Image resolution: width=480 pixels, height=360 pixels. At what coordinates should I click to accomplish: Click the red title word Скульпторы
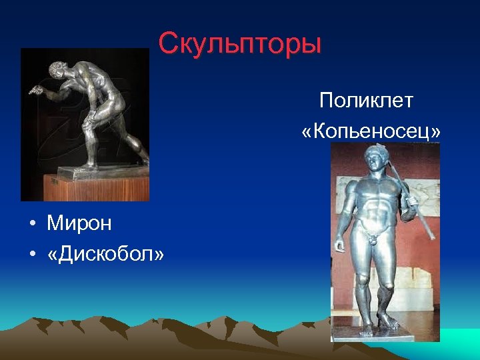[240, 44]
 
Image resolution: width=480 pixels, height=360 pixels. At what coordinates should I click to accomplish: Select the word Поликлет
[366, 101]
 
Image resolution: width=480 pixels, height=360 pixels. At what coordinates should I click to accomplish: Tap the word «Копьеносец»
[371, 132]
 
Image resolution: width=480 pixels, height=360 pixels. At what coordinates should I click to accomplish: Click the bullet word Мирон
[79, 223]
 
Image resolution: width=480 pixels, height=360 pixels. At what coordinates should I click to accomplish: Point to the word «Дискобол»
[105, 255]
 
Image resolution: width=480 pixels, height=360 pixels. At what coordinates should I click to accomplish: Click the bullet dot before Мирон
[32, 224]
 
